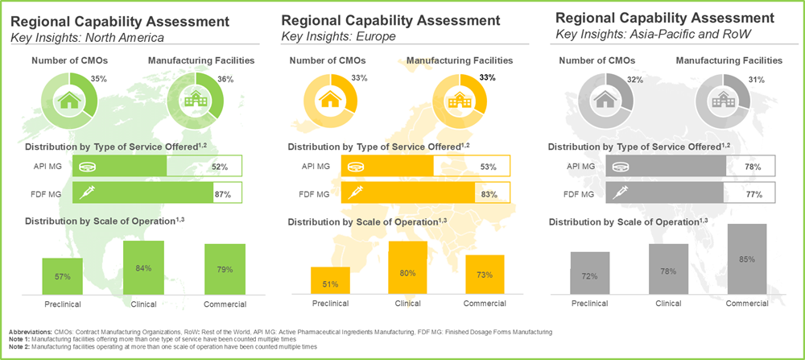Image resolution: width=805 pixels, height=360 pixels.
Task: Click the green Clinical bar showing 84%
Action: click(143, 268)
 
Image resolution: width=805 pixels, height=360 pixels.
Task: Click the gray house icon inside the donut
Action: click(605, 100)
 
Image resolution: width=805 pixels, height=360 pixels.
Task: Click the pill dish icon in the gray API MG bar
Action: click(620, 167)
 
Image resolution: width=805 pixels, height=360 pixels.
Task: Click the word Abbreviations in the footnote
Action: click(31, 332)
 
